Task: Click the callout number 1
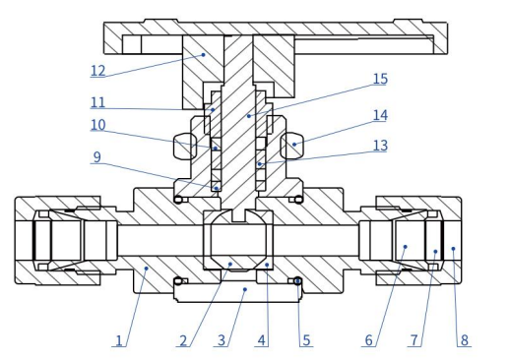(118, 340)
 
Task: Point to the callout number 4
(261, 340)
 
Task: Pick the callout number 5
(306, 340)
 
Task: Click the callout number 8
(464, 340)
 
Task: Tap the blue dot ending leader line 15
(249, 115)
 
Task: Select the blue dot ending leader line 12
(202, 55)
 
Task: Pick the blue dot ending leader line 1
(146, 265)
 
